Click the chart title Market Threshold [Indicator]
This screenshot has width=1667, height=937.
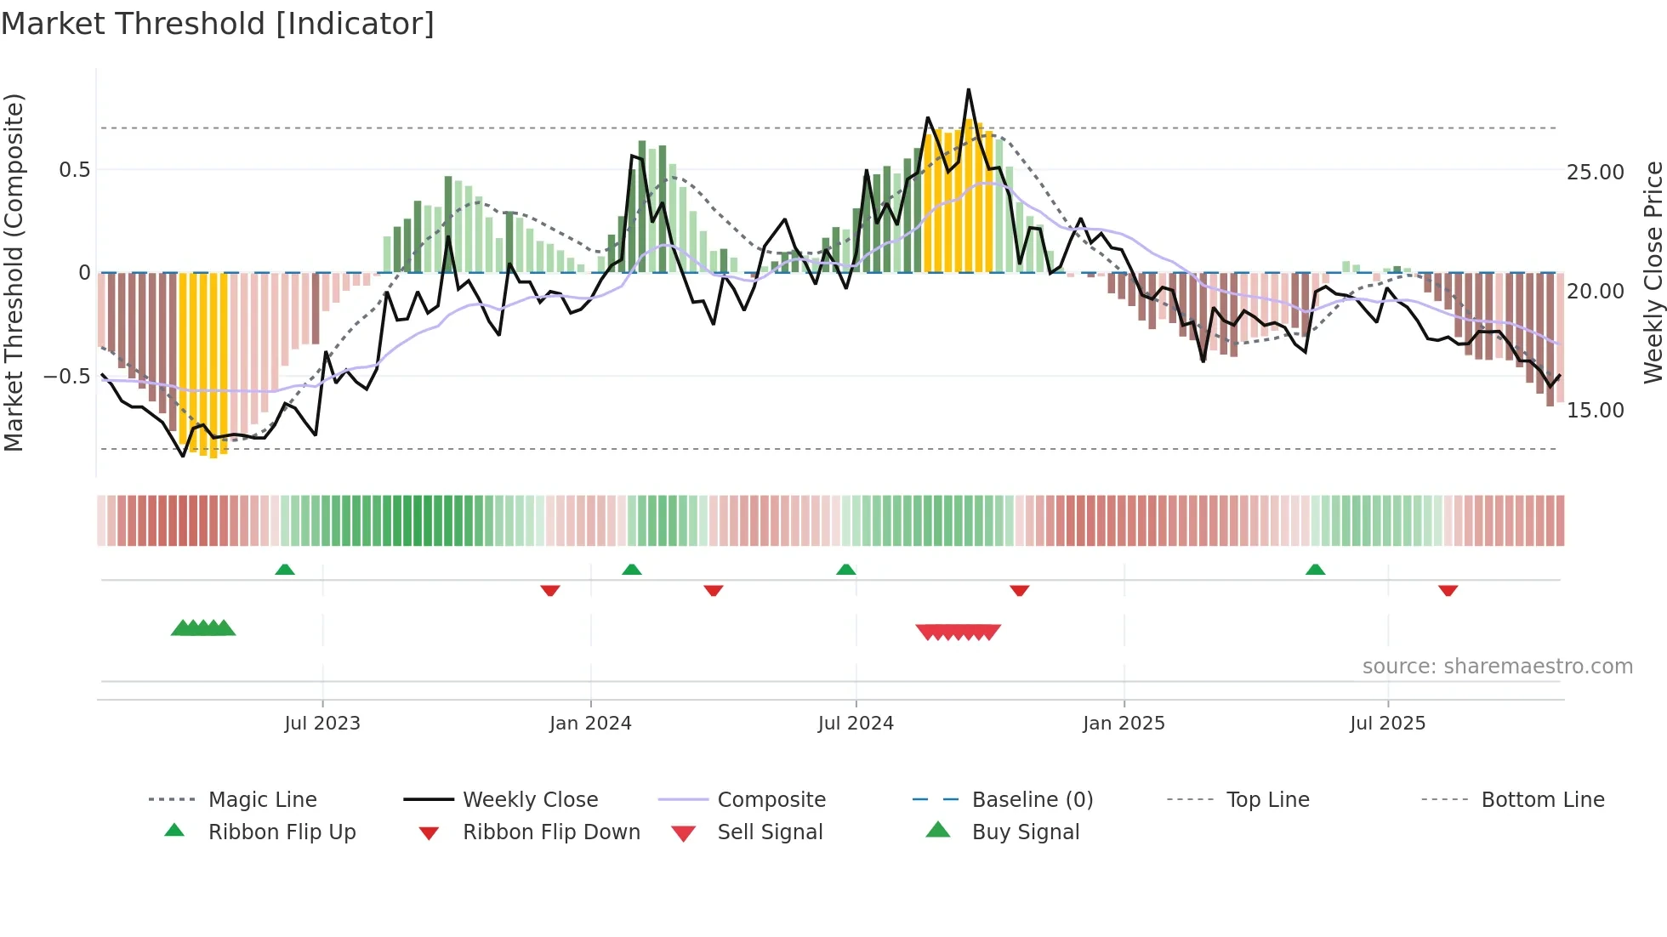(x=218, y=24)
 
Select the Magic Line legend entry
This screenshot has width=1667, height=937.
(x=262, y=799)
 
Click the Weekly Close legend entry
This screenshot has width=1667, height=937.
(x=530, y=799)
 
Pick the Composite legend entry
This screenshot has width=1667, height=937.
(x=771, y=799)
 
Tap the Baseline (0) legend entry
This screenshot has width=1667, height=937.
(x=1032, y=799)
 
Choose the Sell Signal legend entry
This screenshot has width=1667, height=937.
(x=770, y=832)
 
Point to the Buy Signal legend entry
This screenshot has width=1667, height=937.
(x=1025, y=832)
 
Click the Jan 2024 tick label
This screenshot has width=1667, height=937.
(x=590, y=724)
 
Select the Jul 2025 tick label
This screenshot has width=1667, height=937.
(x=1387, y=724)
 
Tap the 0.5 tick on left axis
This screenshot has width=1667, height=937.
(x=75, y=170)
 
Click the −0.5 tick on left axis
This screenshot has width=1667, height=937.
(x=67, y=376)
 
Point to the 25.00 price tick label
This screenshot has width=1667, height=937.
(x=1596, y=173)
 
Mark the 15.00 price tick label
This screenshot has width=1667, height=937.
(x=1596, y=411)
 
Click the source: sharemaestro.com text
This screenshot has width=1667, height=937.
(x=1497, y=667)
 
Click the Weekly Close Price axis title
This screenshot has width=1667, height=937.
(x=1652, y=272)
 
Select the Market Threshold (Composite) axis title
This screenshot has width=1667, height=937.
(x=14, y=272)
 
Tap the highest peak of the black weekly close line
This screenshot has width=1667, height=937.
(x=968, y=90)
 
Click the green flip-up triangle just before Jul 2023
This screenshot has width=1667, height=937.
(x=285, y=570)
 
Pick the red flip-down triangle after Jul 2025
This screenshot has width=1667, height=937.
(x=1448, y=590)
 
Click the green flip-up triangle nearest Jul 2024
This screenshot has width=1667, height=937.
(x=845, y=570)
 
